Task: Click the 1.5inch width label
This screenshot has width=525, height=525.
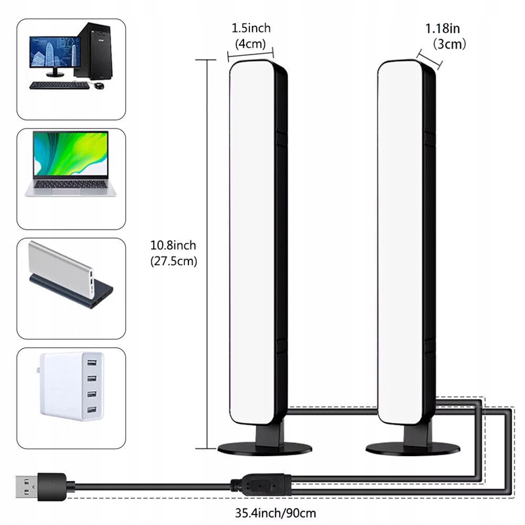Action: point(251,28)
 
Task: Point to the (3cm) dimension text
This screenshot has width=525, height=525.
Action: point(448,45)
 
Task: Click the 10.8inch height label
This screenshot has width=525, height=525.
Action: point(173,245)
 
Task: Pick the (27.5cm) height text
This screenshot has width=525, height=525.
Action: point(173,261)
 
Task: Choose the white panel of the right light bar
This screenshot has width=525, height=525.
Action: point(398,243)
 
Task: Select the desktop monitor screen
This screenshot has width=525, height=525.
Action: point(49,56)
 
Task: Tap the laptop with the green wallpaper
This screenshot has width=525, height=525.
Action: point(71,164)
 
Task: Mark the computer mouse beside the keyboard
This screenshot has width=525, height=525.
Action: point(98,86)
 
